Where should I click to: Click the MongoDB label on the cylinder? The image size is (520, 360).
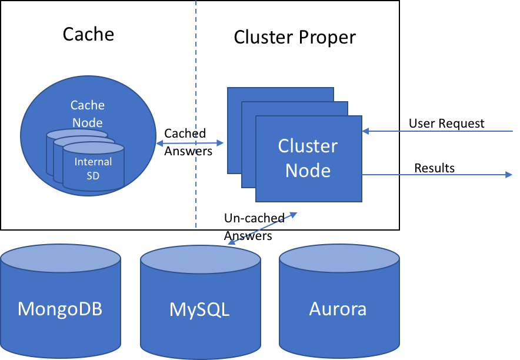click(x=60, y=309)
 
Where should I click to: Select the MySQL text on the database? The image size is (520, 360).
click(x=199, y=309)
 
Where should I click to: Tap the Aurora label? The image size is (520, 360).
click(x=338, y=309)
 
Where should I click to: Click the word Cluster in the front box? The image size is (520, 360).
click(x=308, y=146)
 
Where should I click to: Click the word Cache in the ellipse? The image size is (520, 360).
click(x=88, y=105)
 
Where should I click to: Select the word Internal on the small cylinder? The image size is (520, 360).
click(x=93, y=162)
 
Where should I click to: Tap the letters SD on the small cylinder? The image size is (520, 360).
click(x=93, y=175)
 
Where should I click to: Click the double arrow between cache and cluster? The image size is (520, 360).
click(x=191, y=143)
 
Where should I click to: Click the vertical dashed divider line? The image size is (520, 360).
click(x=196, y=59)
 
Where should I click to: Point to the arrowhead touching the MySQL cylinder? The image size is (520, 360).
click(x=231, y=242)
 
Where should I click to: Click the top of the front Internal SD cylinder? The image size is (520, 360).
click(x=93, y=148)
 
